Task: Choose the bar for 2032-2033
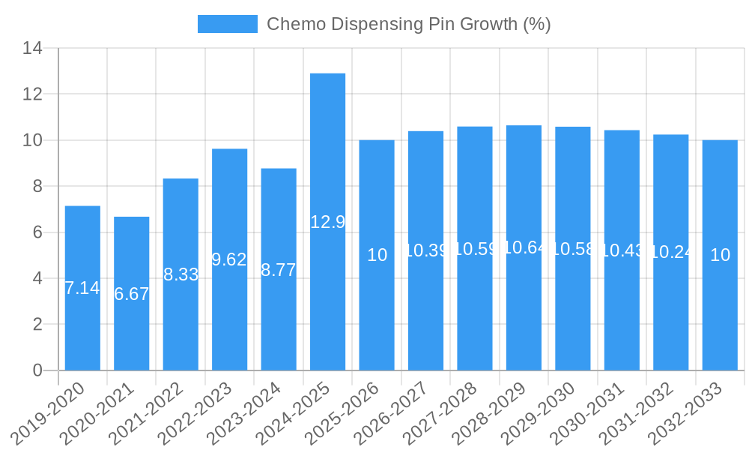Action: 720,255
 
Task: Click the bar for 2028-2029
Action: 524,247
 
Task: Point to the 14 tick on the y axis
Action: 32,49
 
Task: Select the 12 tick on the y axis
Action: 32,94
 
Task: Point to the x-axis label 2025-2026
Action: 348,412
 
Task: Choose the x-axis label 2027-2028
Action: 446,412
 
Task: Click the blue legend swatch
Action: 227,24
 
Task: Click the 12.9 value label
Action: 327,222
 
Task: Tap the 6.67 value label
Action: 131,294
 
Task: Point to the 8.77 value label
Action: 279,271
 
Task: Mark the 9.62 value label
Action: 229,259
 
